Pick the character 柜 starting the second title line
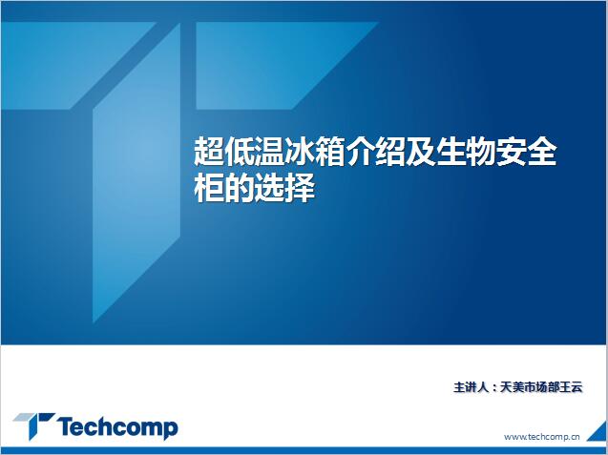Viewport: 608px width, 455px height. pos(209,188)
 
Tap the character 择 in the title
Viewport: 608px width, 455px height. pos(300,188)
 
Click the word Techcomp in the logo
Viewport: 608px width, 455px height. pos(118,428)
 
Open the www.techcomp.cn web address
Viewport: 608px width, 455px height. pos(542,437)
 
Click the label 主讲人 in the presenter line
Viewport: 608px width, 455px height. pos(472,387)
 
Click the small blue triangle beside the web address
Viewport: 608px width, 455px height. pos(599,432)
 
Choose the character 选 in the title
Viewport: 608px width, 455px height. pos(269,188)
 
